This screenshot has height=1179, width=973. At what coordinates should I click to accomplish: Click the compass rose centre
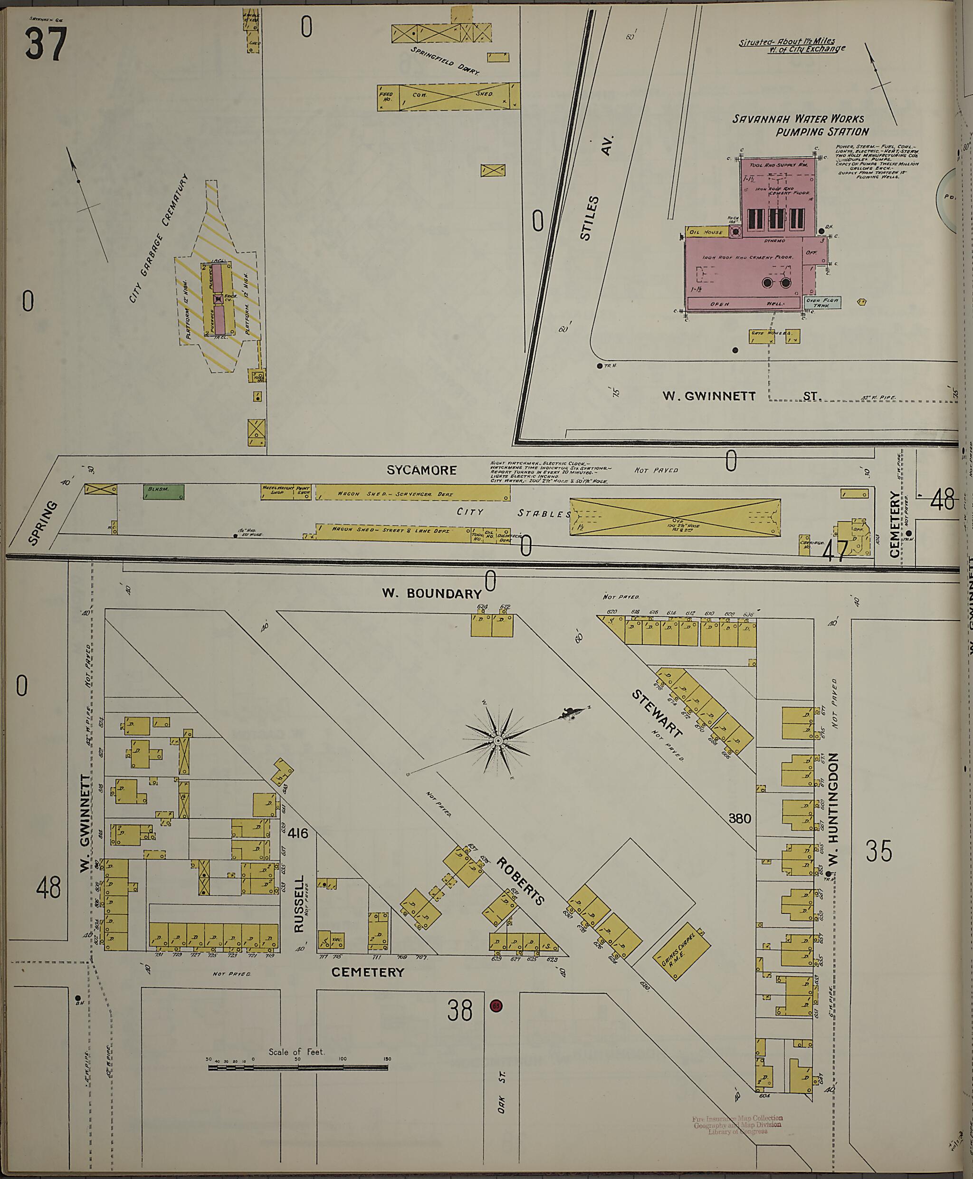click(x=498, y=742)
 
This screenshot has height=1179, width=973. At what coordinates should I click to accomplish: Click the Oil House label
click(x=706, y=231)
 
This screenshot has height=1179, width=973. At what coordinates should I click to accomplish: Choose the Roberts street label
click(x=520, y=881)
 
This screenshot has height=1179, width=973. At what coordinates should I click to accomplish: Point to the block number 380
click(x=739, y=818)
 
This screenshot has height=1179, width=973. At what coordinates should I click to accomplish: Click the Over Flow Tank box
click(x=821, y=303)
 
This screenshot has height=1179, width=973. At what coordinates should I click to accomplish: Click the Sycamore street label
click(x=421, y=470)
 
